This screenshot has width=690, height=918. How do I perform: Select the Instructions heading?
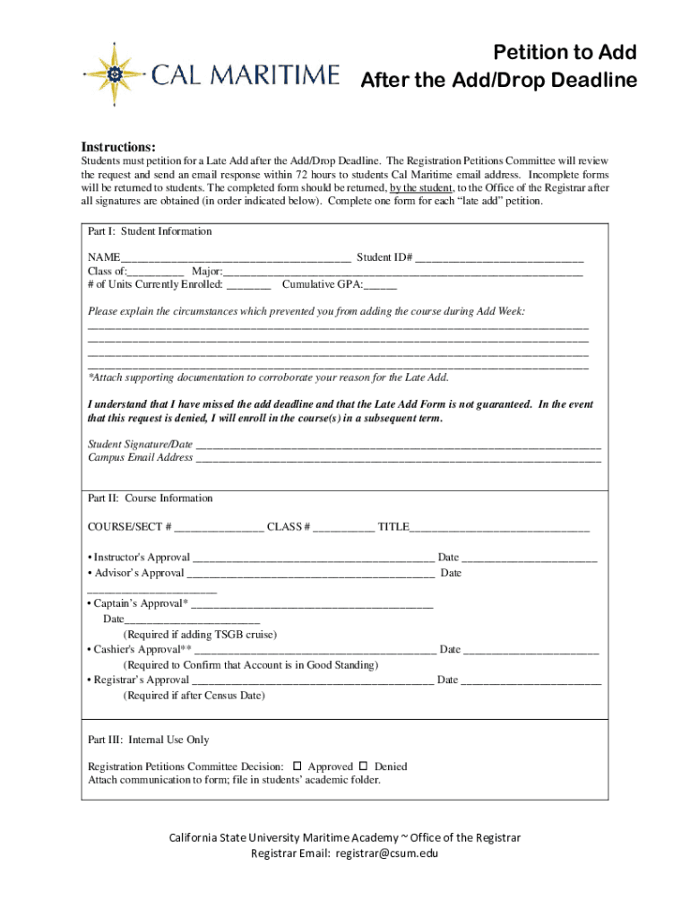click(x=119, y=146)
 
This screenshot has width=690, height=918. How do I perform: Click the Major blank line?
click(x=403, y=273)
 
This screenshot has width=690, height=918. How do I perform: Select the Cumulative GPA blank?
click(x=380, y=287)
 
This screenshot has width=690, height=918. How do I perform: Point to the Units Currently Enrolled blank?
click(x=248, y=287)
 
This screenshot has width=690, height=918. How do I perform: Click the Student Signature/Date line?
click(x=398, y=446)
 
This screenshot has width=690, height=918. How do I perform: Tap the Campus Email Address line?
click(x=398, y=459)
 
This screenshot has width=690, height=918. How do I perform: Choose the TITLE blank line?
click(x=499, y=529)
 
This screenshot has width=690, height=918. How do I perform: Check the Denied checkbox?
click(x=364, y=766)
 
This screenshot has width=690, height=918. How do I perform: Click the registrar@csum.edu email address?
click(x=387, y=853)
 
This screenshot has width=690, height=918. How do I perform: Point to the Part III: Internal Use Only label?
click(x=149, y=740)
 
